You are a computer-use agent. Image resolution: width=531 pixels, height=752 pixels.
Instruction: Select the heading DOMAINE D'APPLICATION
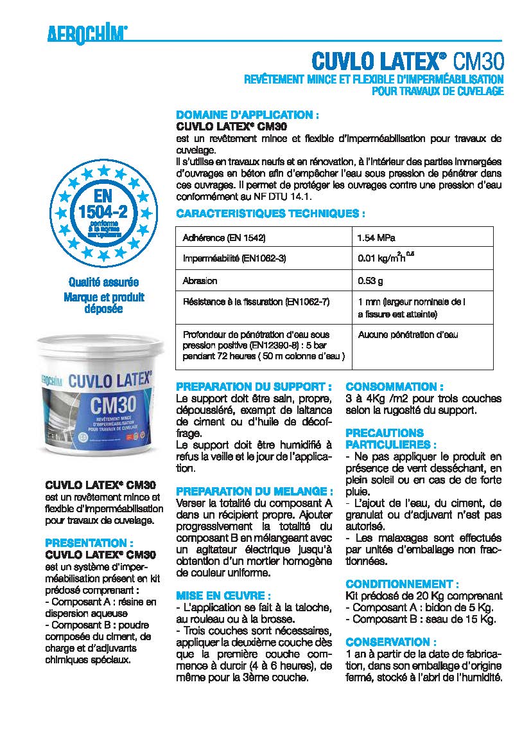coord(248,116)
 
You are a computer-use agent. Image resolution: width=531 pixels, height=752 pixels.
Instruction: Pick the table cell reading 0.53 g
coord(370,281)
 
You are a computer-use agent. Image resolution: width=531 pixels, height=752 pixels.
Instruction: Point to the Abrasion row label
coord(200,281)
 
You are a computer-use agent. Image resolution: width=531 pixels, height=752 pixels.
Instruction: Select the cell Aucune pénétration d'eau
coord(408,335)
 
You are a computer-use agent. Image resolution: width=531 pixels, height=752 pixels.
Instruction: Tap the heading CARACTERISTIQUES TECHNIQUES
coord(270,213)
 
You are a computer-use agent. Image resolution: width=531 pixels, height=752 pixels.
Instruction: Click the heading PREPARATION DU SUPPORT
coord(254,387)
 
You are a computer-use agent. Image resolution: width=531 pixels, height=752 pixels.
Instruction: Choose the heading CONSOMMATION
coord(394,387)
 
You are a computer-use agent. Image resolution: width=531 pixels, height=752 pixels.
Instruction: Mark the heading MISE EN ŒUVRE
coord(223,596)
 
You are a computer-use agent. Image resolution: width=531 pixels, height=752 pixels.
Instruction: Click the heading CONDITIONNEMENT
coord(402,584)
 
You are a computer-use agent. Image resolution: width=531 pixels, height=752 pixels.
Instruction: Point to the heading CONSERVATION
coord(391,642)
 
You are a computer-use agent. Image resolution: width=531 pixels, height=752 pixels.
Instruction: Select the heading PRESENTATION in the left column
coord(89,543)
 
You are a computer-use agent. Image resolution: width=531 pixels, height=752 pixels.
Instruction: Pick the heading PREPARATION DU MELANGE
coord(255,490)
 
